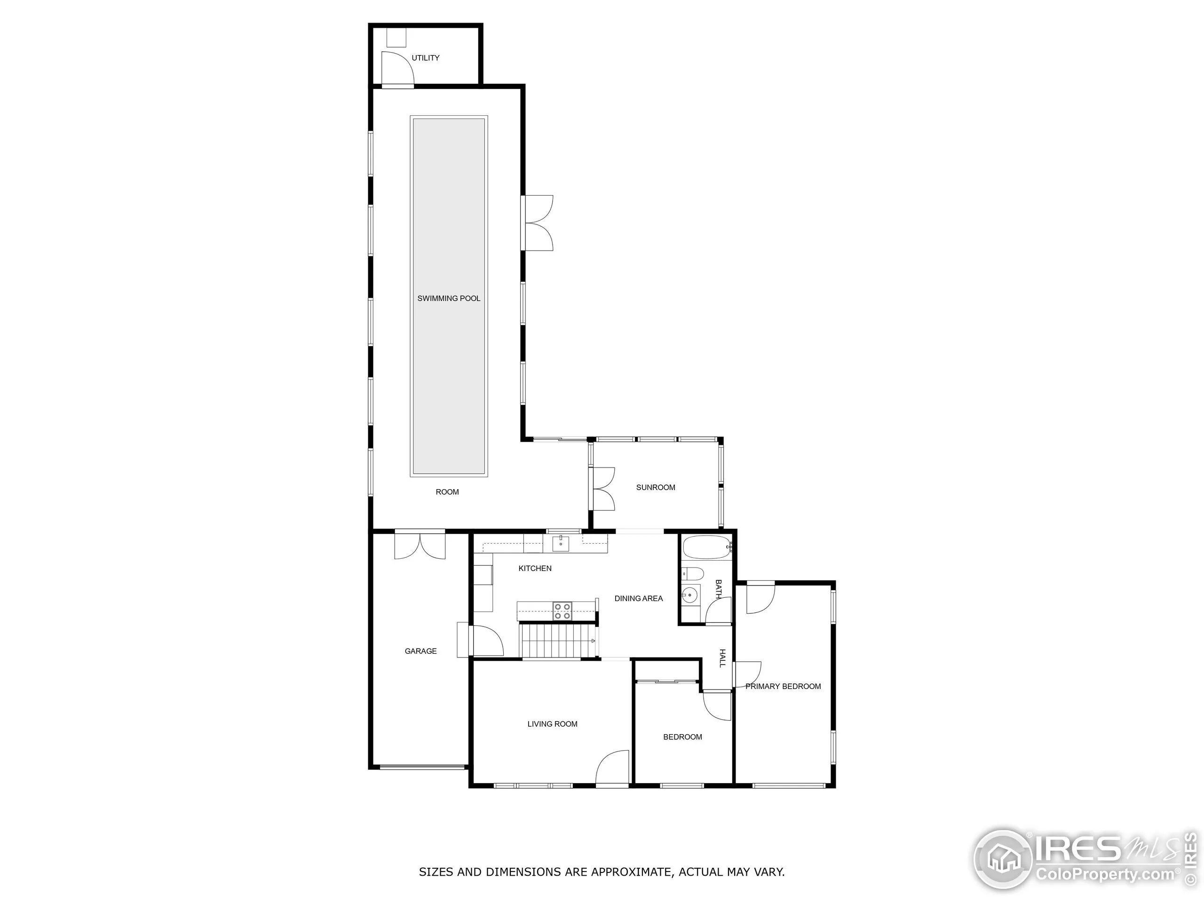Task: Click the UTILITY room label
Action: point(425,58)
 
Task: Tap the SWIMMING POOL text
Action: point(449,298)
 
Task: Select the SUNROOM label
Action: point(655,487)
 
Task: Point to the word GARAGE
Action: point(420,651)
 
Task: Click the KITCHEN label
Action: point(534,568)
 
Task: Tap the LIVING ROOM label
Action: point(552,724)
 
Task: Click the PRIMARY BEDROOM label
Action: point(783,686)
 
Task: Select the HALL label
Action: point(722,658)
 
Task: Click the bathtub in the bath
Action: point(706,547)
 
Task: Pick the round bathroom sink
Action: point(690,595)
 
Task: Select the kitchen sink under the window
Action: point(561,543)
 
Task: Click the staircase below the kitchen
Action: point(557,641)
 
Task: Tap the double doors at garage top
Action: point(420,546)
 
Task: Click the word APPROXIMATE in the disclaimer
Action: point(633,872)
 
